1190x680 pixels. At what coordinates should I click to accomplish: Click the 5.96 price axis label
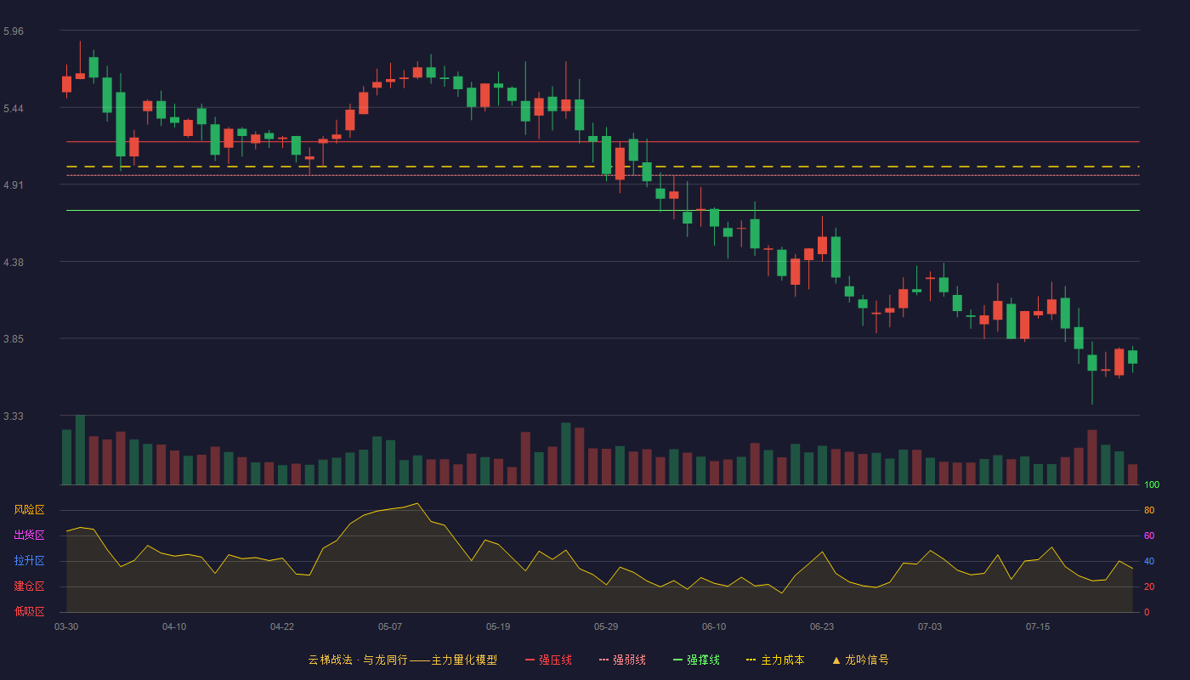click(x=14, y=31)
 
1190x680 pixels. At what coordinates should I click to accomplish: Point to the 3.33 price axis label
click(x=14, y=416)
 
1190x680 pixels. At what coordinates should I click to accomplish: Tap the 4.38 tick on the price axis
click(x=14, y=263)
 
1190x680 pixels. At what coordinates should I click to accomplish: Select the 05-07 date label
click(x=390, y=627)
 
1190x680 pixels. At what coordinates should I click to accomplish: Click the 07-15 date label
click(x=1038, y=627)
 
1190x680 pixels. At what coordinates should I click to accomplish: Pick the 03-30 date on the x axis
click(x=66, y=627)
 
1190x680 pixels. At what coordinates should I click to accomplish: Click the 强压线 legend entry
click(x=548, y=660)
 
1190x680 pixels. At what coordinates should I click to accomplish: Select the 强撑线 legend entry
click(x=696, y=660)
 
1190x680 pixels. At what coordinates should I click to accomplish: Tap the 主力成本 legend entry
click(x=775, y=660)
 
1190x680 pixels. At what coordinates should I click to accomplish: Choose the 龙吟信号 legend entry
click(x=860, y=660)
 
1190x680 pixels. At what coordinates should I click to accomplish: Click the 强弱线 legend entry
click(x=622, y=660)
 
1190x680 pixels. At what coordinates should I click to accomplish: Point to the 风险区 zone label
click(x=29, y=510)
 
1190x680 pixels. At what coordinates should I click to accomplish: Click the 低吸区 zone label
click(x=29, y=612)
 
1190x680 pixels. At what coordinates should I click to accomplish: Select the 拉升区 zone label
click(x=29, y=561)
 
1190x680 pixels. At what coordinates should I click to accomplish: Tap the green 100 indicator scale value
click(x=1152, y=484)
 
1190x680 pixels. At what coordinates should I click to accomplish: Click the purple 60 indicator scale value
click(x=1149, y=535)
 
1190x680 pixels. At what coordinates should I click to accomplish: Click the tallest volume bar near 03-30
click(x=80, y=450)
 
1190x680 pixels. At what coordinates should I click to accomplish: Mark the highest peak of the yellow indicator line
click(x=417, y=503)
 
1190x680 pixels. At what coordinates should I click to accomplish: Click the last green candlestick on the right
click(x=1132, y=357)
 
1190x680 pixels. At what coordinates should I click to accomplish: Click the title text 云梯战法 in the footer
click(x=330, y=660)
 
